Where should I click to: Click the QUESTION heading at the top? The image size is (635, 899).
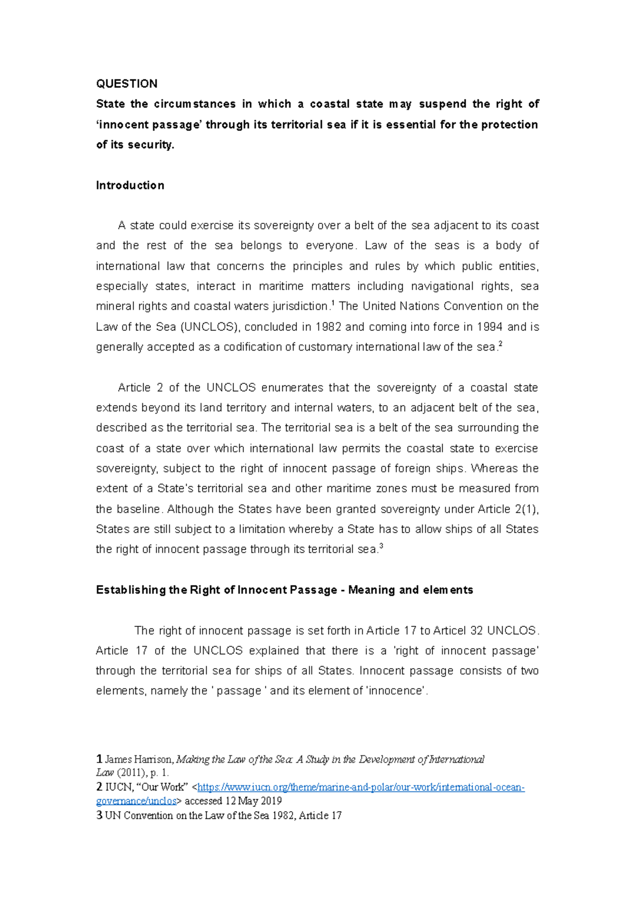coord(126,84)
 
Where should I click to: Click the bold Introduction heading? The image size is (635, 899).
coord(130,185)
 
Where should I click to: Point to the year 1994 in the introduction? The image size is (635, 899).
coord(489,327)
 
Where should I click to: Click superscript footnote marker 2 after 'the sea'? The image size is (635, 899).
coord(501,344)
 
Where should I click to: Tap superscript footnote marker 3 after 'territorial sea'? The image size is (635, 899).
coord(382,546)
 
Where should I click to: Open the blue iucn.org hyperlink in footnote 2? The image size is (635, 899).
coord(360,787)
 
